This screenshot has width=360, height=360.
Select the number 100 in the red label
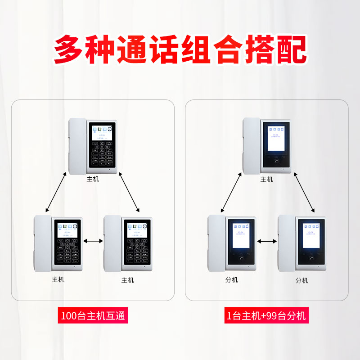pos(69,315)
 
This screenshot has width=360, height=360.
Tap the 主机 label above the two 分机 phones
pos(267,180)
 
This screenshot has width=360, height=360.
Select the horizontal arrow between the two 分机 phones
pos(267,242)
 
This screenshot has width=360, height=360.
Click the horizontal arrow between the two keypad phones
pos(93,242)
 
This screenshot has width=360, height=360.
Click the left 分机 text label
pos(231,280)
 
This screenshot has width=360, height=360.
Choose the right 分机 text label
pos(302,280)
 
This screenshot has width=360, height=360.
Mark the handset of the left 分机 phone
pos(216,243)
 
